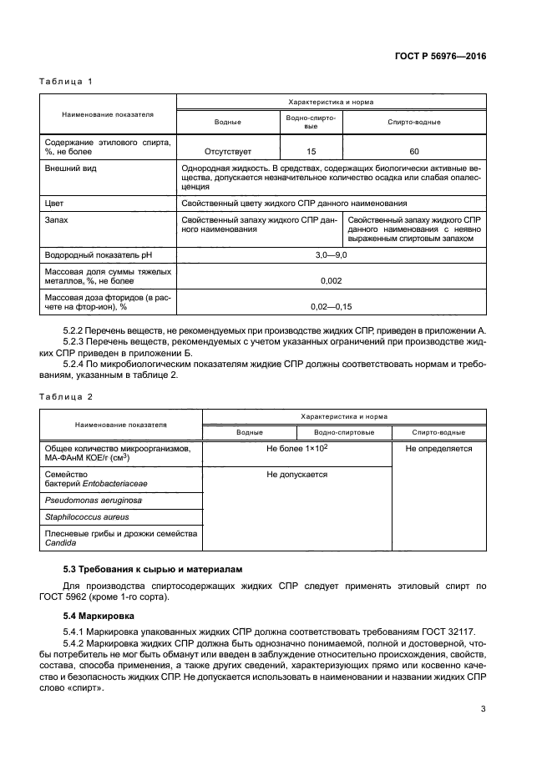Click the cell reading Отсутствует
tap(228, 152)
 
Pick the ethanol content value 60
tap(414, 152)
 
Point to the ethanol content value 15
tap(311, 152)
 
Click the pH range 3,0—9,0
tap(332, 254)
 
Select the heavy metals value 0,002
tap(332, 281)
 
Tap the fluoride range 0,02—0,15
tap(332, 308)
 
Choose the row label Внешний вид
tap(69, 168)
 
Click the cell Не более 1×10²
tap(296, 449)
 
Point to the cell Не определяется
tap(438, 449)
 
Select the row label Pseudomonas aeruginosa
tap(93, 501)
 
